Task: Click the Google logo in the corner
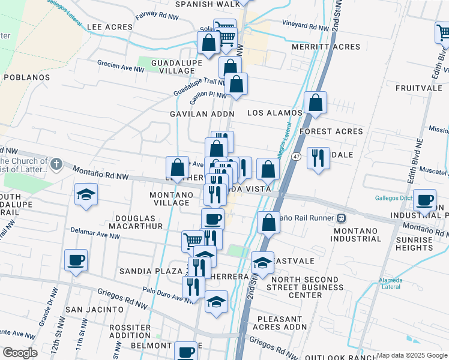tap(20, 353)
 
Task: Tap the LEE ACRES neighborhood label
tap(109, 28)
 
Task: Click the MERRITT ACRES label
tap(326, 47)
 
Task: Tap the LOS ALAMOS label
tap(275, 113)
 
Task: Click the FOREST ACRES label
tap(331, 131)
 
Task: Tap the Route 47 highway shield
tap(297, 157)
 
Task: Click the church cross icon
tap(56, 163)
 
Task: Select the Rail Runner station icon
tap(341, 218)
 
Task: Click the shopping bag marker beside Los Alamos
tap(315, 103)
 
